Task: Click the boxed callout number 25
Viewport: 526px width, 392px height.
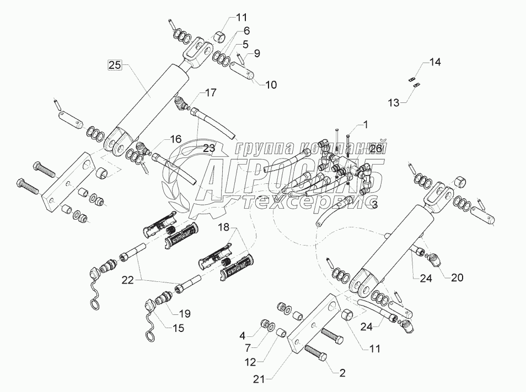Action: click(115, 65)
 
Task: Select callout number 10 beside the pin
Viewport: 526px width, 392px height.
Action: click(271, 85)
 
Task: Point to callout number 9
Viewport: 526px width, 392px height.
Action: click(257, 54)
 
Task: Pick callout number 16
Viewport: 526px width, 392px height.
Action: click(175, 139)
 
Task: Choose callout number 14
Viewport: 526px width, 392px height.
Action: click(435, 63)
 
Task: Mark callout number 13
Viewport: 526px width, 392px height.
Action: click(408, 102)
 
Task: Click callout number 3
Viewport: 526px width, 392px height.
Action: click(374, 205)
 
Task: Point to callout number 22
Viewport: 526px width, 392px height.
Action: click(128, 280)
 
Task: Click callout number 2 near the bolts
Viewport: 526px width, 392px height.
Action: click(342, 373)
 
